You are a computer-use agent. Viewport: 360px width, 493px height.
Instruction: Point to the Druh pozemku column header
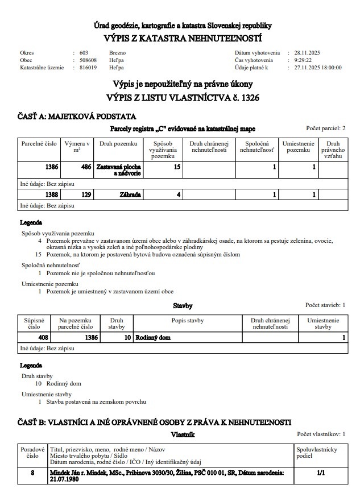click(118, 144)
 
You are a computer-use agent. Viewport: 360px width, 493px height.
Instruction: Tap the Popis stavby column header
click(187, 320)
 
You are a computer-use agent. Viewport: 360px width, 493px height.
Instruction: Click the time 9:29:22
click(304, 60)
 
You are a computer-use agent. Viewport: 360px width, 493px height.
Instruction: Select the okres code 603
click(84, 52)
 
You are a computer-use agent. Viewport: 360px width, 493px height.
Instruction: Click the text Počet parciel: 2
click(326, 129)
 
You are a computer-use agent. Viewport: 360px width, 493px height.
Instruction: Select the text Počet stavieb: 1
click(325, 305)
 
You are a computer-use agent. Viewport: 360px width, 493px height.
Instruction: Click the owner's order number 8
click(32, 472)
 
